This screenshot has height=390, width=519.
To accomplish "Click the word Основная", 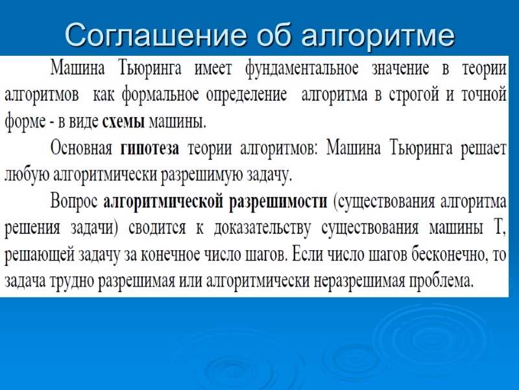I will click(x=82, y=148).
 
